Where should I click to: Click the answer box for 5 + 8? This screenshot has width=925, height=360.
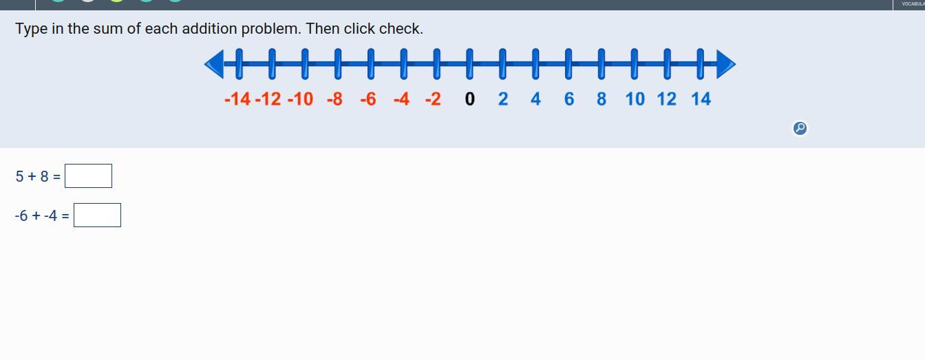[88, 176]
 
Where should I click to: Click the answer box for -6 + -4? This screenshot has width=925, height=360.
[97, 215]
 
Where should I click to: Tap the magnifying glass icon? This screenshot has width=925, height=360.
[800, 128]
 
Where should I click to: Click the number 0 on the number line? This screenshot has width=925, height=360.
[469, 99]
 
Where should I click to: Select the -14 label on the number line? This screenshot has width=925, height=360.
[237, 99]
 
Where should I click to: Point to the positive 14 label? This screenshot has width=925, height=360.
[701, 99]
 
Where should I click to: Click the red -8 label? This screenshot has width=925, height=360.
[334, 99]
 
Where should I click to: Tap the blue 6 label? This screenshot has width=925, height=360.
[568, 99]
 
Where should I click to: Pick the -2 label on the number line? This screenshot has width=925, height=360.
[433, 99]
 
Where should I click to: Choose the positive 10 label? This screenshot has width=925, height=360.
[635, 99]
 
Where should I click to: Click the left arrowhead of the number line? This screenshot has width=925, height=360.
[214, 64]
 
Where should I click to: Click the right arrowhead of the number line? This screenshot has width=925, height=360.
[726, 64]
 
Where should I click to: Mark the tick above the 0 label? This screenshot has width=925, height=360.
[469, 63]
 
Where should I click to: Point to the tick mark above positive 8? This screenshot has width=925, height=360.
[602, 63]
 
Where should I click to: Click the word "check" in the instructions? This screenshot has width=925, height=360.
[403, 29]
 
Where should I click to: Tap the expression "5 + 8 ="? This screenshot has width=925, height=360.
[38, 177]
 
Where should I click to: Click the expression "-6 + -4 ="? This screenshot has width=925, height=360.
[42, 216]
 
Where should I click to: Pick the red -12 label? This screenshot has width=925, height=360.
[268, 99]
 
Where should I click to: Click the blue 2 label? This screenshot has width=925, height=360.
[503, 99]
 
